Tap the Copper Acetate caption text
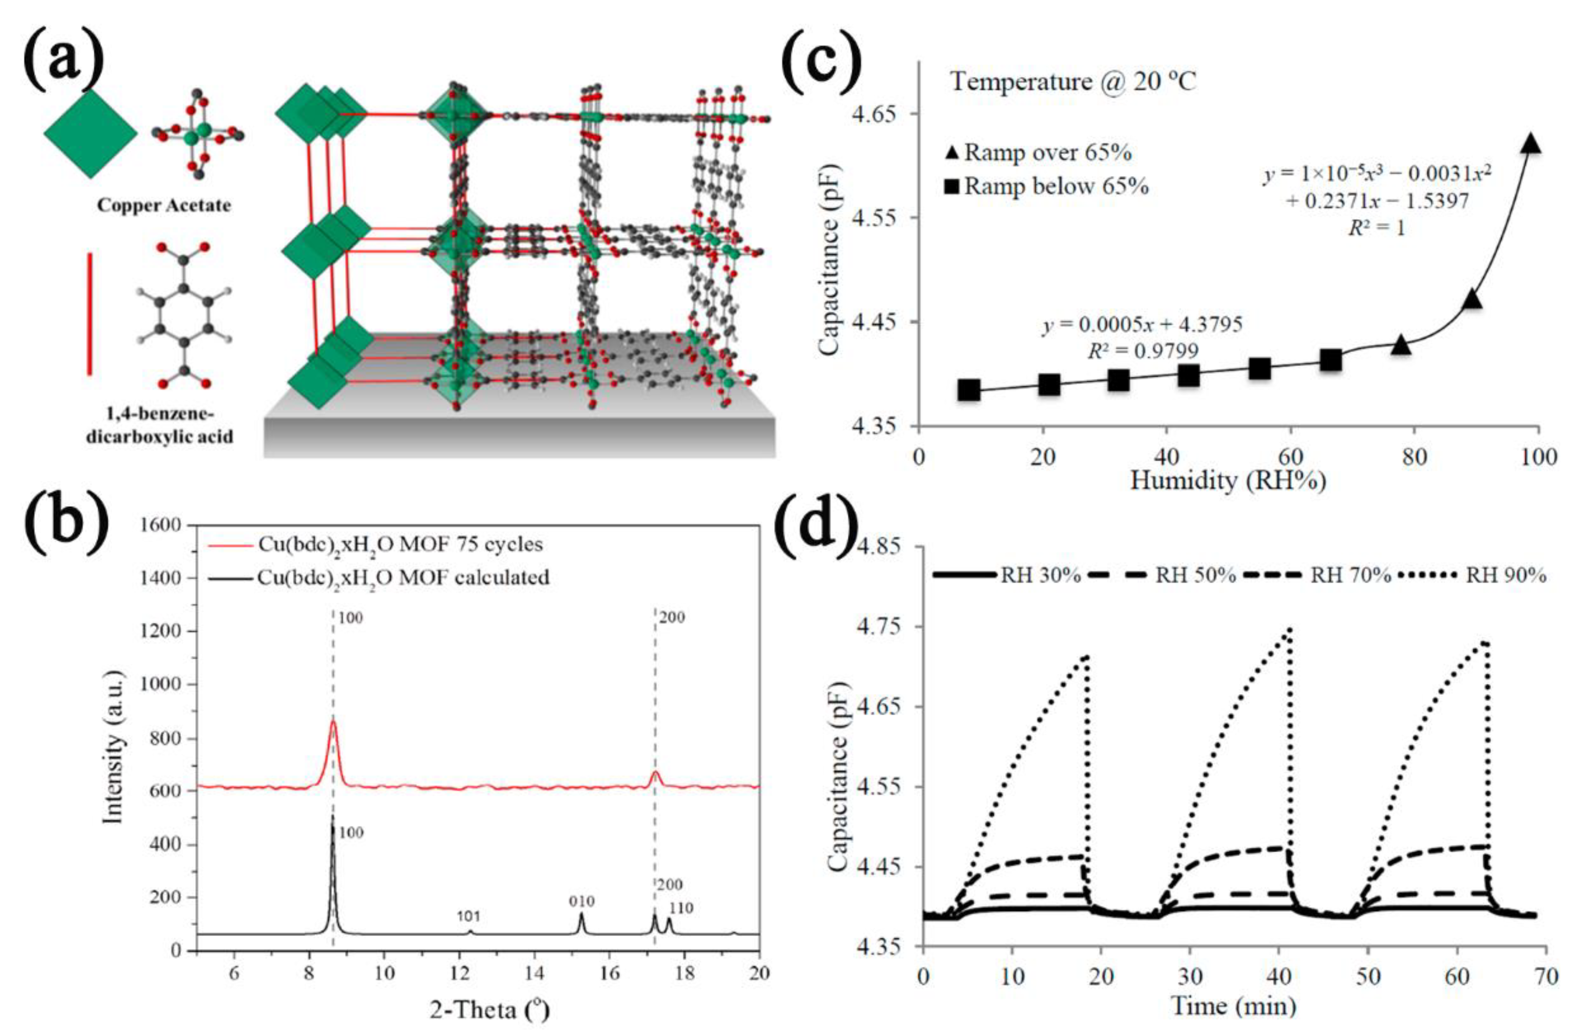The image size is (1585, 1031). pyautogui.click(x=164, y=205)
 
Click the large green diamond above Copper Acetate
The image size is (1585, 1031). pyautogui.click(x=91, y=133)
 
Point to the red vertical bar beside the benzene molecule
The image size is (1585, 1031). pyautogui.click(x=90, y=313)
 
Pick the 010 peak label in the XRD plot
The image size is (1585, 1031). pyautogui.click(x=581, y=901)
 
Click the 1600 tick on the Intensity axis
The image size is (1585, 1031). pyautogui.click(x=162, y=526)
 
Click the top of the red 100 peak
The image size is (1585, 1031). pyautogui.click(x=333, y=722)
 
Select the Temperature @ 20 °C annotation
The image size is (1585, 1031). pyautogui.click(x=1072, y=82)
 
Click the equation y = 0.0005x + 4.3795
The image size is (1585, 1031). pyautogui.click(x=1142, y=325)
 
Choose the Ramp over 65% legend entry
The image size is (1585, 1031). pyautogui.click(x=1039, y=153)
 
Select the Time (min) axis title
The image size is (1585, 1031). pyautogui.click(x=1234, y=1006)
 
